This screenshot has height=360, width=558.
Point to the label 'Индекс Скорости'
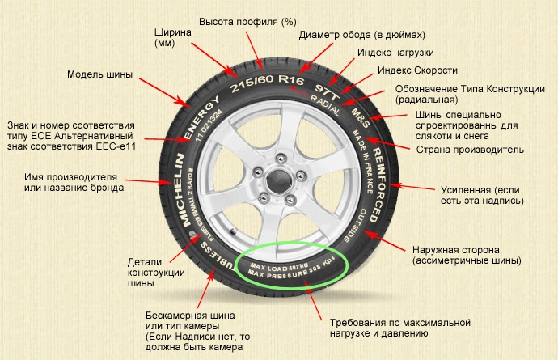click(x=417, y=70)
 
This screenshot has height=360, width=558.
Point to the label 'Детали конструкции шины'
click(x=150, y=273)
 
